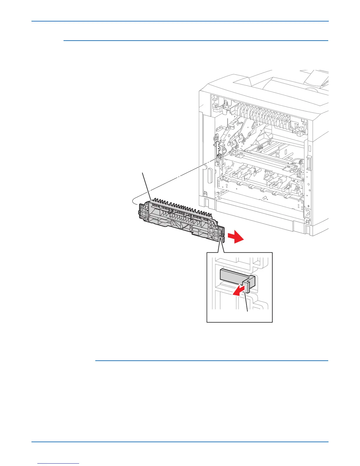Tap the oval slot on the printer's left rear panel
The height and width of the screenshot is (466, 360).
tap(210, 176)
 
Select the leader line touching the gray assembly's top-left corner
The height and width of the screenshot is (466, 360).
tap(146, 185)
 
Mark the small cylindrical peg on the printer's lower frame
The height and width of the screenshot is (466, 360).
tap(265, 198)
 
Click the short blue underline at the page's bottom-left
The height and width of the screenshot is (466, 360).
tap(59, 464)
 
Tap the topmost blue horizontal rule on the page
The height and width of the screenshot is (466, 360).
tap(180, 21)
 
